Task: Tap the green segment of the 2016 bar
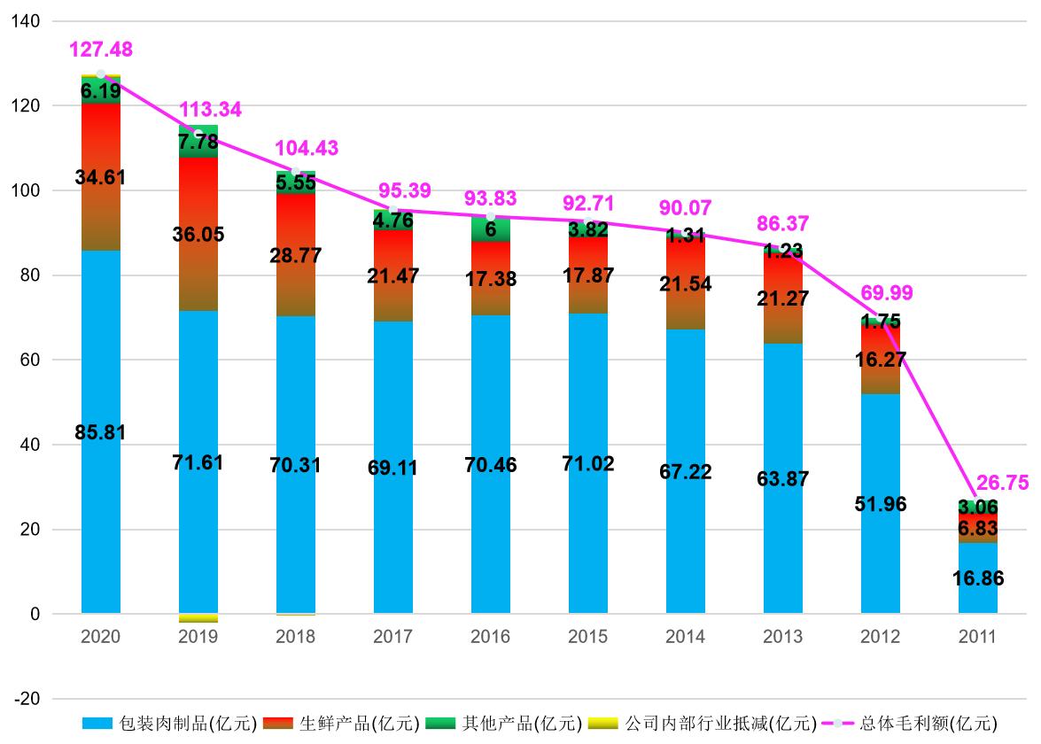(x=490, y=229)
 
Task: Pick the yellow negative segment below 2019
(x=198, y=617)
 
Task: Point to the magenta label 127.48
(x=101, y=50)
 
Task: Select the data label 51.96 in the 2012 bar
(x=880, y=504)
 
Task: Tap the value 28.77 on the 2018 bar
(x=295, y=256)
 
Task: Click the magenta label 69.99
(x=886, y=293)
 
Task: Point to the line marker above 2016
(x=490, y=217)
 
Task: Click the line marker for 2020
(x=100, y=74)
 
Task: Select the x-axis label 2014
(x=685, y=637)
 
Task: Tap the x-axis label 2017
(x=392, y=637)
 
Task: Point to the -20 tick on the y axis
(x=27, y=699)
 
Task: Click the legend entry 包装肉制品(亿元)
(x=168, y=724)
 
